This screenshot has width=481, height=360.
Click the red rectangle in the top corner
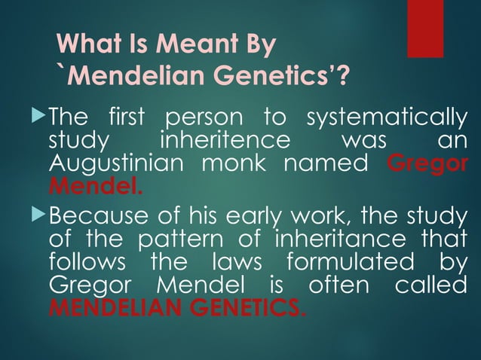(x=425, y=29)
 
